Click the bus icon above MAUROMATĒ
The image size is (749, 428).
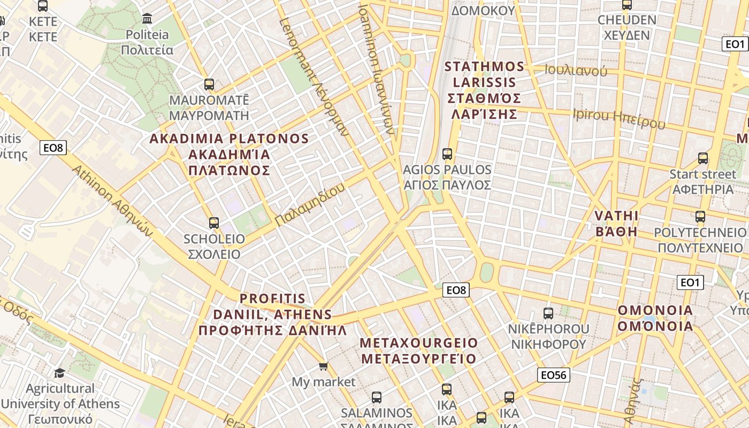tap(209, 85)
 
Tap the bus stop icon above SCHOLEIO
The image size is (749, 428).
tap(214, 223)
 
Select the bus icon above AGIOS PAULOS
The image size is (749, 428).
tap(447, 154)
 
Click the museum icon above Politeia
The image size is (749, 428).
tap(147, 19)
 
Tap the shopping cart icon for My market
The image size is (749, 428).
tap(323, 366)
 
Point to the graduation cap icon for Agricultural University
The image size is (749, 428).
tap(59, 373)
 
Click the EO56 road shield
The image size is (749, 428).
tap(553, 375)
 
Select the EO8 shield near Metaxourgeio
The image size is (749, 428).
tap(456, 290)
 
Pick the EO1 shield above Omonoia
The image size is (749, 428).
tap(690, 282)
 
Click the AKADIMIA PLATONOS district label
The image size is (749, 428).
tap(229, 154)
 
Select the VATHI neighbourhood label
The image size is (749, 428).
tap(616, 224)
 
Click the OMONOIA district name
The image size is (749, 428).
tap(655, 318)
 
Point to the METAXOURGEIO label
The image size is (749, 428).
tap(419, 350)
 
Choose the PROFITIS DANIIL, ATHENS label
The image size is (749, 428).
tap(272, 314)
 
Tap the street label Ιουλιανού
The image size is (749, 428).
tap(576, 71)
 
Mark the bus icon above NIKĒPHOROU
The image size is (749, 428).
tap(548, 314)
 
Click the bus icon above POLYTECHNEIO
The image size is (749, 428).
tap(700, 217)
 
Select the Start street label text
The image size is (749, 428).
tap(702, 174)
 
